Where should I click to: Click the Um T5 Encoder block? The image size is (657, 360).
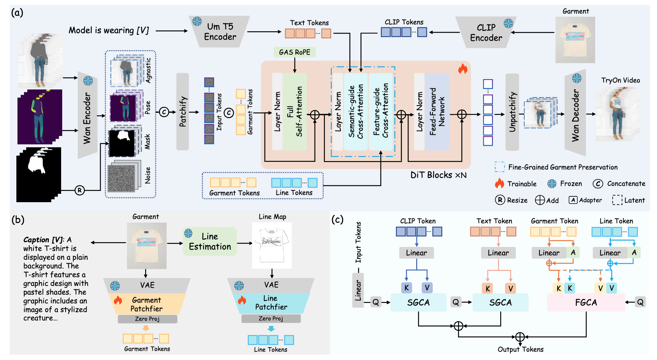tap(219, 32)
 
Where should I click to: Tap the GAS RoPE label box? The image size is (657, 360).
tap(294, 52)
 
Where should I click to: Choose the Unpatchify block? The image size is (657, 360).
tap(512, 112)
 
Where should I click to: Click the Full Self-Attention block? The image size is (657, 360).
tap(295, 112)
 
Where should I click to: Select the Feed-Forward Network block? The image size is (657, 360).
tap(437, 112)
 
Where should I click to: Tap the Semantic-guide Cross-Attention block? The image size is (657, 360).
tap(356, 112)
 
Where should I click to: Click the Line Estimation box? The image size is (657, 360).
tap(210, 241)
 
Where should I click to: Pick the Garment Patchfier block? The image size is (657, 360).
tap(147, 304)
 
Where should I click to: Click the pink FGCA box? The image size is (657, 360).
tap(586, 303)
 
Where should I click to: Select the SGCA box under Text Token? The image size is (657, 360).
tap(500, 303)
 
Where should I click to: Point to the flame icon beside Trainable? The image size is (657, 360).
tap(499, 183)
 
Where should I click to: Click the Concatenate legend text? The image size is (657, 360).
tap(626, 184)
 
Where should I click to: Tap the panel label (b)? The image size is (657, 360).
tap(17, 220)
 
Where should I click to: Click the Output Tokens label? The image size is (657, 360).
tap(521, 349)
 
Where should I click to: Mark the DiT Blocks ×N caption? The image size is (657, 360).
tap(438, 175)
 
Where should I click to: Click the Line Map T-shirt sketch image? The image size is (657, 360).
tap(272, 243)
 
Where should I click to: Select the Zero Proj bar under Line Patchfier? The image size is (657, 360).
tap(271, 319)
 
